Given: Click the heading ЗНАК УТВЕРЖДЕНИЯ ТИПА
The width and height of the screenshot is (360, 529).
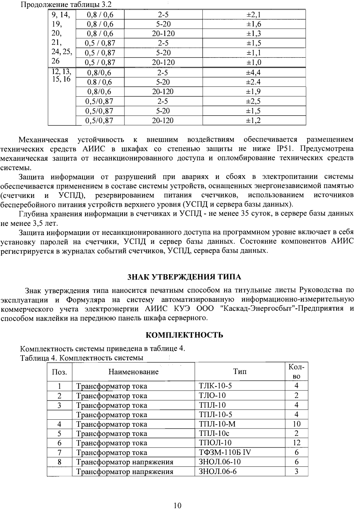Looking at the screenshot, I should point(184,277).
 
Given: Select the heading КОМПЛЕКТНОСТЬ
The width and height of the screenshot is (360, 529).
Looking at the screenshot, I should point(184,335).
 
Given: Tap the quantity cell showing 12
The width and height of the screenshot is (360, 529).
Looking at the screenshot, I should point(296,443).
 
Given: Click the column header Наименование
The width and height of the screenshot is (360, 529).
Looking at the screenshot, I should point(133,372).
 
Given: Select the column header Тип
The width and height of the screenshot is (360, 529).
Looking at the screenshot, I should point(240,372).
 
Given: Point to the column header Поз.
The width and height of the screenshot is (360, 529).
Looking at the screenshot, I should point(59,372).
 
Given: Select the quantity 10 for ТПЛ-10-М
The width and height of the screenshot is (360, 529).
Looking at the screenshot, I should point(296,424).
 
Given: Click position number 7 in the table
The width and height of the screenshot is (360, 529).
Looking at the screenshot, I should point(59,452).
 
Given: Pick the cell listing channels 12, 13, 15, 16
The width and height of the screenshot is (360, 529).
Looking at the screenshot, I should point(61,76).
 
